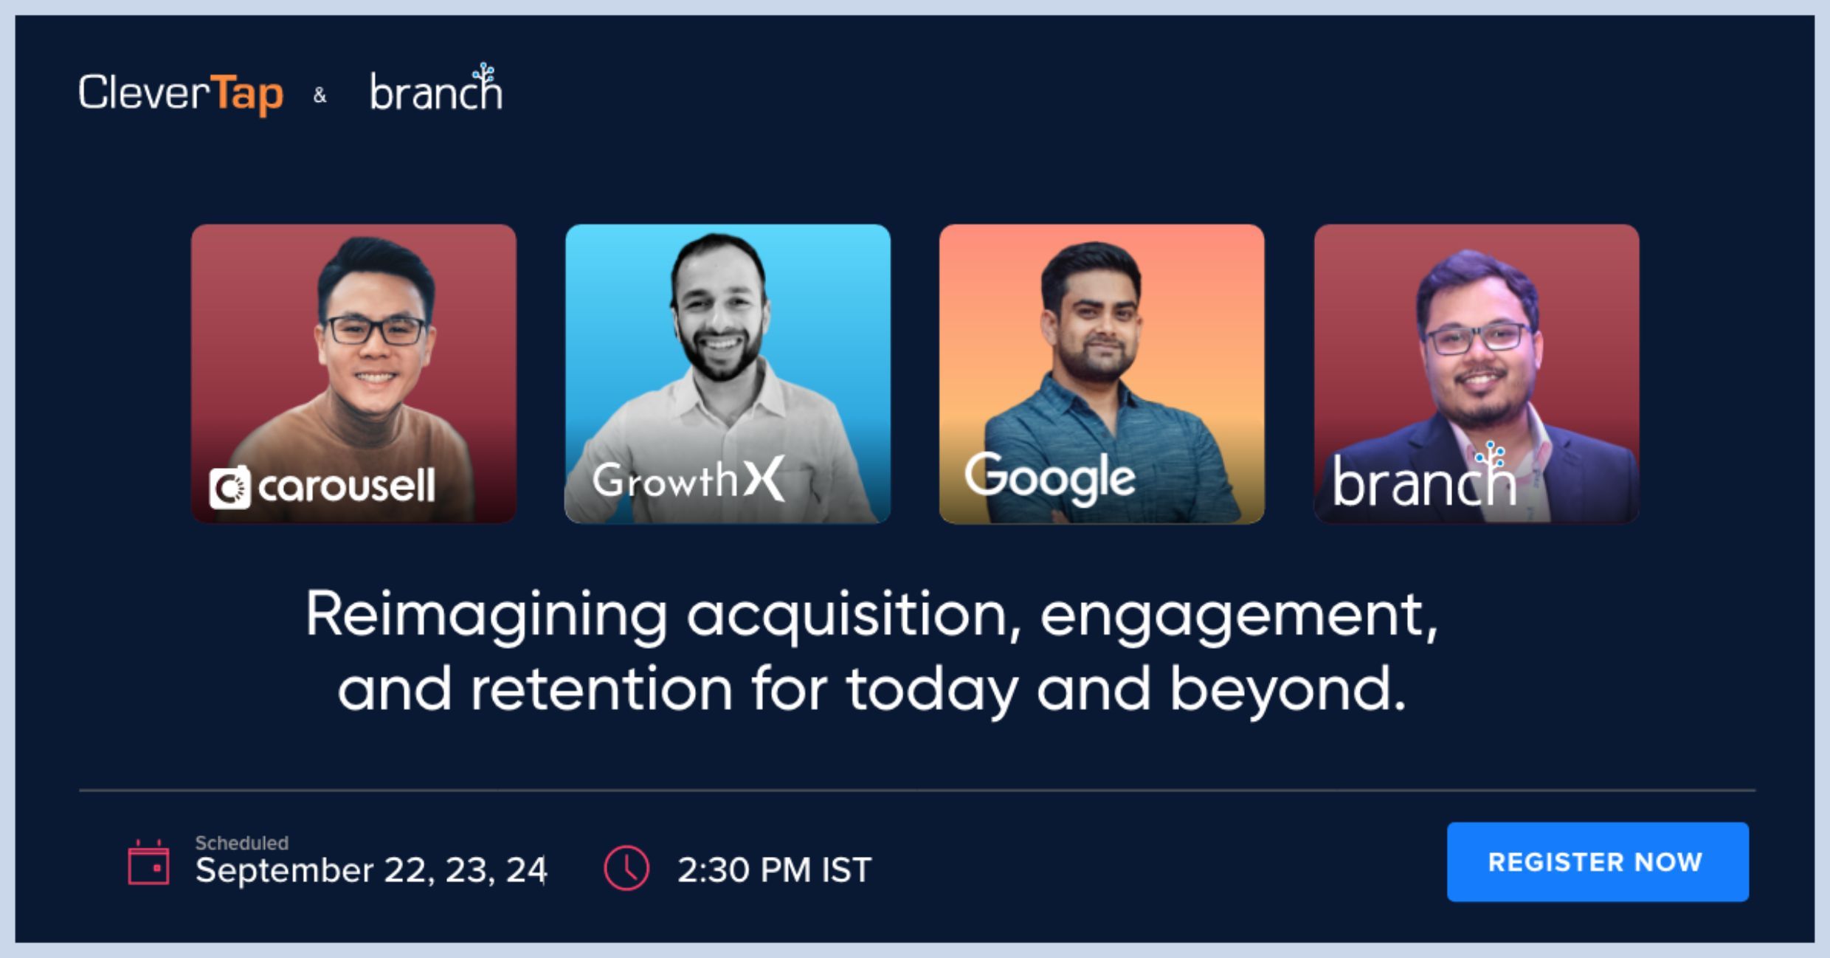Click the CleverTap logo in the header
(181, 94)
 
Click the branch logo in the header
(436, 88)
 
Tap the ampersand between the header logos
(320, 95)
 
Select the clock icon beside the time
(626, 868)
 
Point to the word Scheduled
(241, 843)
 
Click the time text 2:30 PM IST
(775, 869)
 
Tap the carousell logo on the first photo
(322, 487)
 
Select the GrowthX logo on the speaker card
(688, 479)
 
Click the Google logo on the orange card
(1050, 478)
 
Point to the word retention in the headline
(601, 689)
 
